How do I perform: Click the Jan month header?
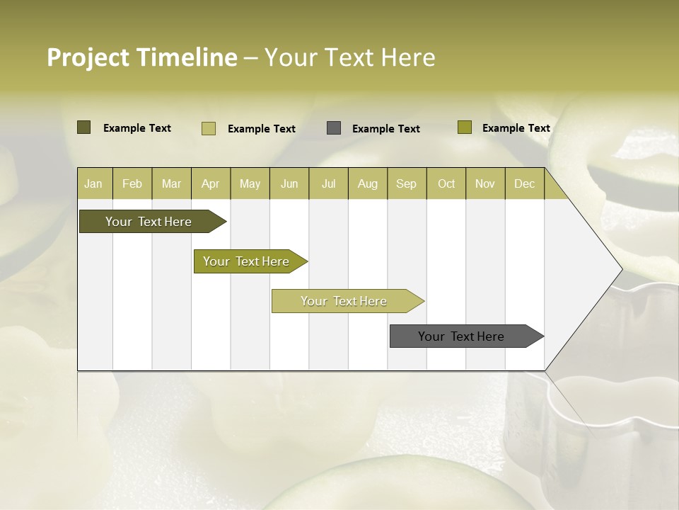[94, 183]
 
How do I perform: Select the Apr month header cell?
[211, 183]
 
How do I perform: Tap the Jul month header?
[328, 183]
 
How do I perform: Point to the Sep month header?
[407, 183]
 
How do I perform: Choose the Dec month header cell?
[524, 183]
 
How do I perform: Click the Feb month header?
[132, 183]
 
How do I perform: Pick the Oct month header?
[446, 183]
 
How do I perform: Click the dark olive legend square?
[84, 127]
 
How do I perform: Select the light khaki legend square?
[209, 128]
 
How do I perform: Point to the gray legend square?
[334, 128]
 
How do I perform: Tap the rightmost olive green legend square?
[465, 127]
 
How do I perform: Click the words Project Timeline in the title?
[142, 57]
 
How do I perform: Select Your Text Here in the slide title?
[349, 57]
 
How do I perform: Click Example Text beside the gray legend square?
[386, 129]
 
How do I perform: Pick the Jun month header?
[289, 183]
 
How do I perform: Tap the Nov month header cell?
[485, 183]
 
